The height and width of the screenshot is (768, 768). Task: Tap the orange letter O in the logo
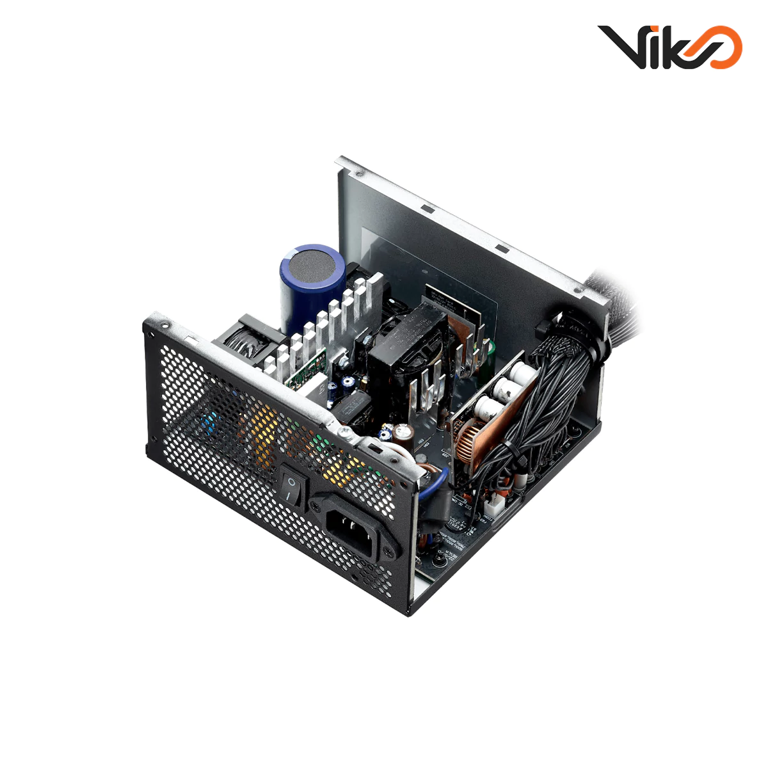click(x=722, y=47)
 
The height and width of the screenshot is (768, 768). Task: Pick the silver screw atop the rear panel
click(x=346, y=435)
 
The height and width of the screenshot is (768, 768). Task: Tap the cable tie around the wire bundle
click(x=506, y=445)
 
